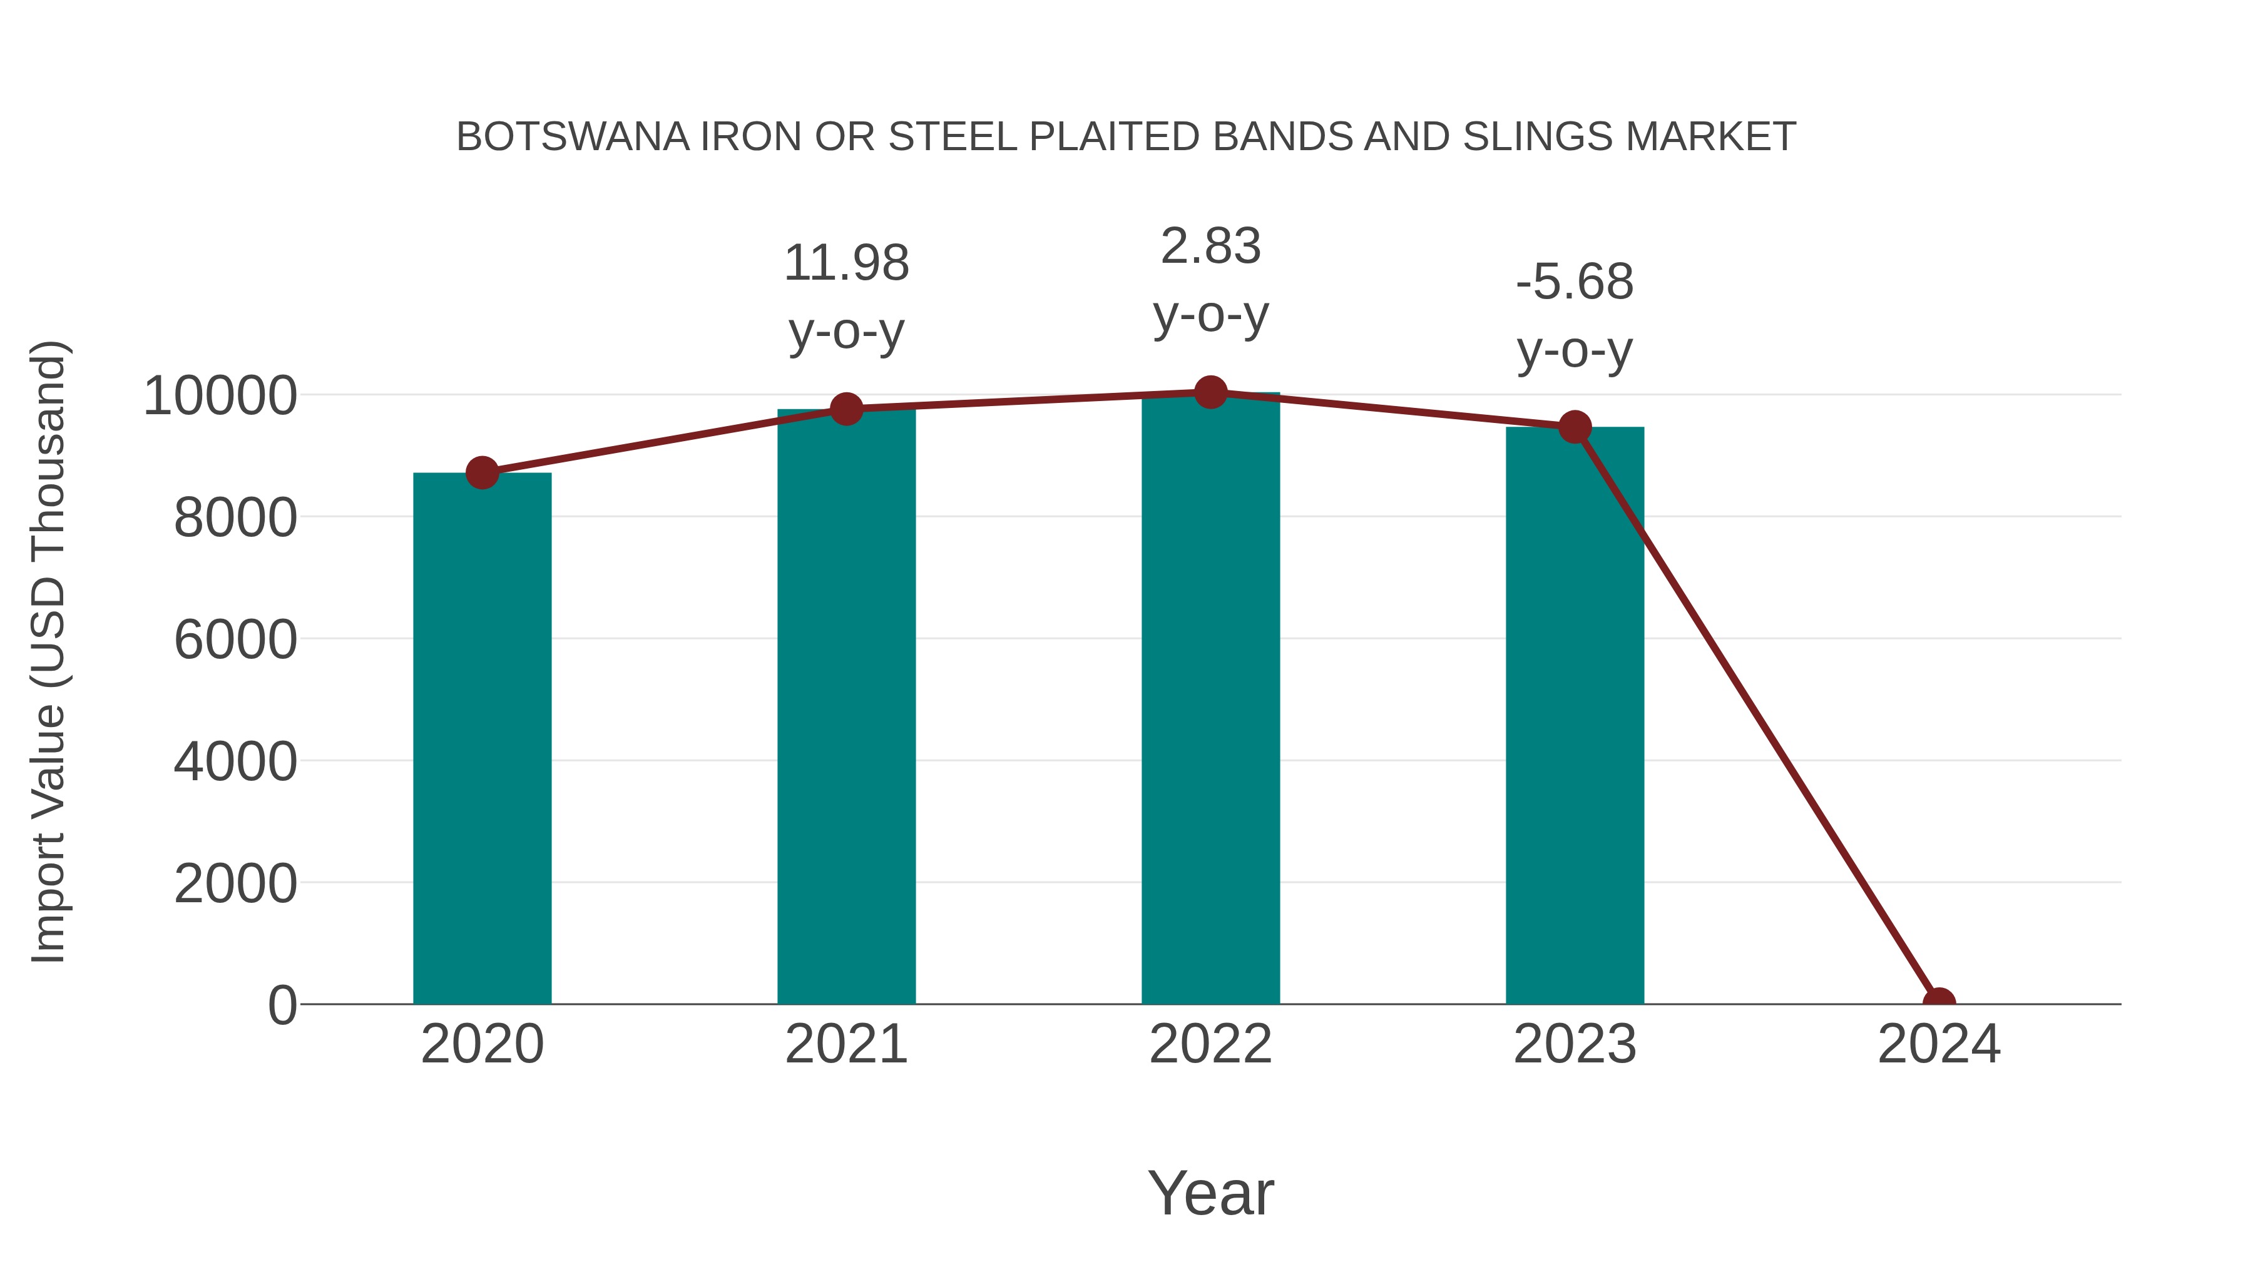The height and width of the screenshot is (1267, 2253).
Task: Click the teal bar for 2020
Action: tap(482, 739)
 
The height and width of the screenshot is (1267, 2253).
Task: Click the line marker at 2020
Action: tap(482, 473)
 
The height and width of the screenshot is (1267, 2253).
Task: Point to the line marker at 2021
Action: tap(846, 409)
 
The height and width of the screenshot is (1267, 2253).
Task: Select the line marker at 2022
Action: tap(1210, 392)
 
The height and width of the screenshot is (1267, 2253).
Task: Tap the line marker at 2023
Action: tap(1575, 427)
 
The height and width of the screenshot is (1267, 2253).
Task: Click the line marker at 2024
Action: tap(1939, 1002)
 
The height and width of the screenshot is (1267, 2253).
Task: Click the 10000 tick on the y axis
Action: tap(220, 395)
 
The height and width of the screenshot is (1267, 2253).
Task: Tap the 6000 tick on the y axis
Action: tap(235, 639)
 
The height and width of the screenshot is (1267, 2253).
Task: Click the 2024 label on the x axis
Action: tap(1939, 1044)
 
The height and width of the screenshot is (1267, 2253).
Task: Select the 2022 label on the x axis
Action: tap(1210, 1044)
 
